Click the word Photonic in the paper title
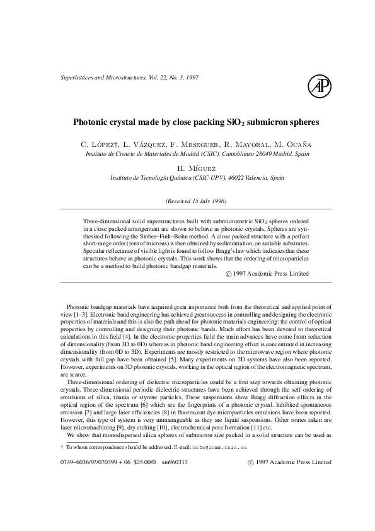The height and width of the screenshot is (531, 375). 92,120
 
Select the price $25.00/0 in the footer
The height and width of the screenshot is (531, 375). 144,462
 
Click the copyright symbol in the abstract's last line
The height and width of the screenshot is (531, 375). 228,274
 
